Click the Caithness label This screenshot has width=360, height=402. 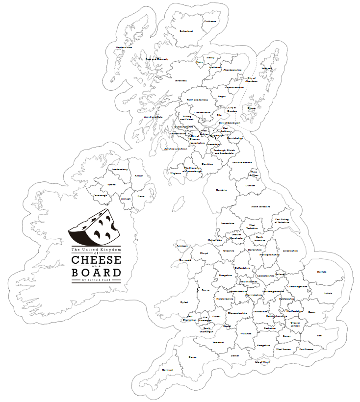210,21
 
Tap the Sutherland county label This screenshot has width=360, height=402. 186,31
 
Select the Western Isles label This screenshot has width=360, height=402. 124,48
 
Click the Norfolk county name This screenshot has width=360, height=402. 321,272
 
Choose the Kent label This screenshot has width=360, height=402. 319,335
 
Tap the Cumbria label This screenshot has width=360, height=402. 222,190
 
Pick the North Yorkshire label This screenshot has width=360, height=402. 260,207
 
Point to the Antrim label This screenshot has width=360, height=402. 139,176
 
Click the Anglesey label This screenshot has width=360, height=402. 182,246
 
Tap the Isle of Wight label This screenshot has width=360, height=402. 262,362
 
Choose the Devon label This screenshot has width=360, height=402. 193,357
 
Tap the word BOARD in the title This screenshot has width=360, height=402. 96,272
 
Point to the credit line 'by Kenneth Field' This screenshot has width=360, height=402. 96,280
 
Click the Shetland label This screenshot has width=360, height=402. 267,68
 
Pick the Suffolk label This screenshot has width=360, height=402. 328,293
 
